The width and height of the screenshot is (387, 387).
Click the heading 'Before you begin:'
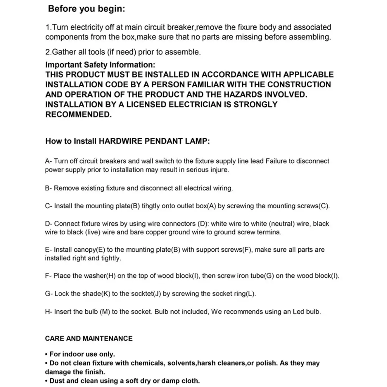tap(86, 9)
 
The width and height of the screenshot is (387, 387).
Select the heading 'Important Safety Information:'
tap(100, 65)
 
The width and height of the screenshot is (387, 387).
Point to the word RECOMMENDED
tap(79, 115)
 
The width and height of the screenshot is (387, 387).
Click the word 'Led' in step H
tap(299, 312)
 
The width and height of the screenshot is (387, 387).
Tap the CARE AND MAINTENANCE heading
tap(89, 339)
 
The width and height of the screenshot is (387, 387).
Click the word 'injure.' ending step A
tap(218, 170)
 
